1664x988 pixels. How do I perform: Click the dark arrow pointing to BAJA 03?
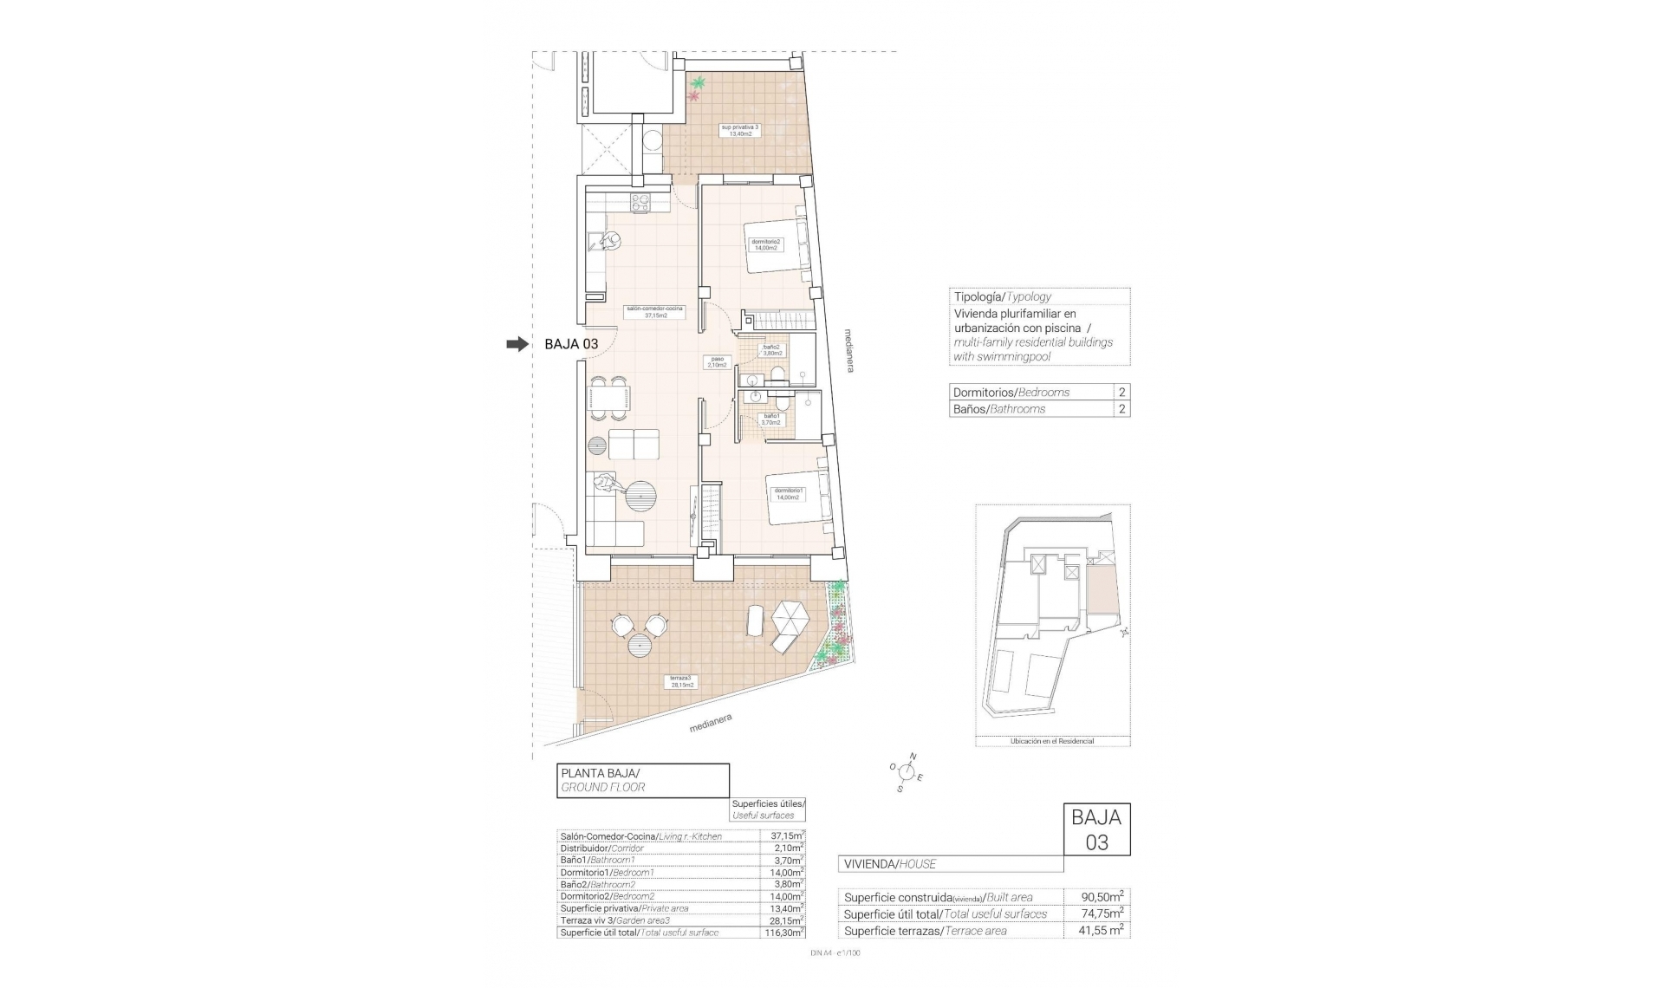517,344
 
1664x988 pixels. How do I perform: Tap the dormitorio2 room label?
765,244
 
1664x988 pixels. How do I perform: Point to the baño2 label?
771,350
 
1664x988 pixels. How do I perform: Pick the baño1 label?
771,419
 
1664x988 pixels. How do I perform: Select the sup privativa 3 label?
739,130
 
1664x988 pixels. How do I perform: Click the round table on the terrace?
640,646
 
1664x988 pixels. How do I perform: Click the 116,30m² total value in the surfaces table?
782,933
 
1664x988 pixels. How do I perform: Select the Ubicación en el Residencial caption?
1052,741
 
